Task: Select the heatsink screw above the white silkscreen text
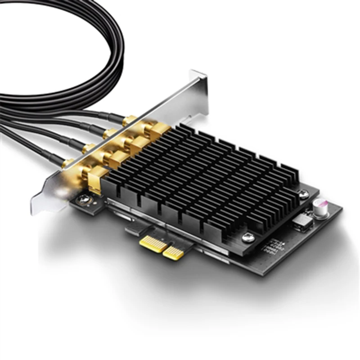pos(246,237)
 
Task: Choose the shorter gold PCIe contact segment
pos(173,253)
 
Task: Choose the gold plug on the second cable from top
pos(109,133)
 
